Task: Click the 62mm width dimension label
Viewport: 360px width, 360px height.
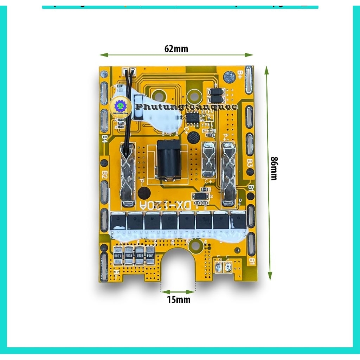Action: (176, 49)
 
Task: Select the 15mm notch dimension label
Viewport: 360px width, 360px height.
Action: (178, 300)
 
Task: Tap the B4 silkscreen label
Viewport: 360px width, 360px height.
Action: (104, 139)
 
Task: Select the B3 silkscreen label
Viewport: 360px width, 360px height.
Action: (249, 163)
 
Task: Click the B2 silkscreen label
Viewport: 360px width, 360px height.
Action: (104, 175)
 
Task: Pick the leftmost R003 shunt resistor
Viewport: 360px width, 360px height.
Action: (118, 255)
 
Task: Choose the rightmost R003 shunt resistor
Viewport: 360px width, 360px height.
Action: (151, 255)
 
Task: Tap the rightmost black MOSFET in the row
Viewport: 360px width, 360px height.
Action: (238, 221)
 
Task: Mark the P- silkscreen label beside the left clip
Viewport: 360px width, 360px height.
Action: (142, 182)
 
